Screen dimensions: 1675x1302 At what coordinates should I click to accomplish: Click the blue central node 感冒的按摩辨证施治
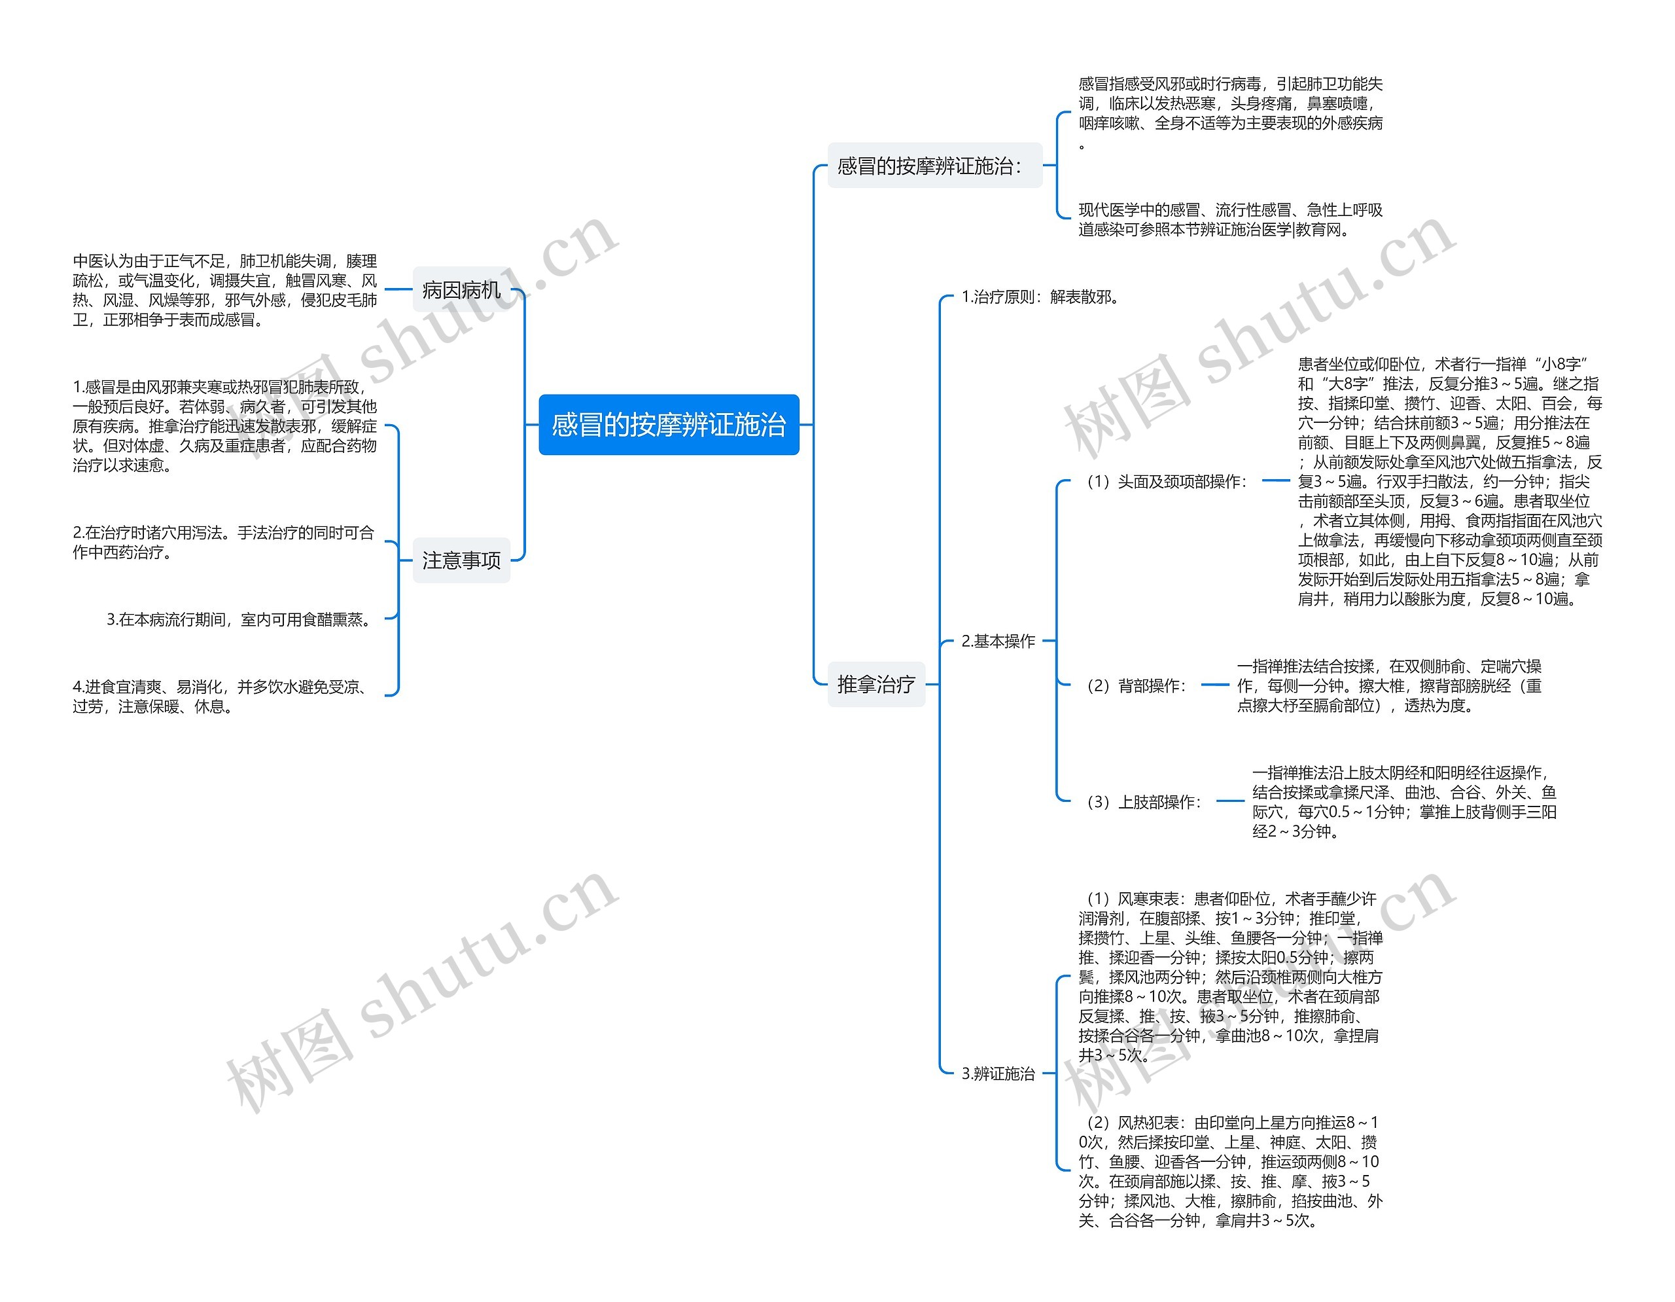pyautogui.click(x=668, y=424)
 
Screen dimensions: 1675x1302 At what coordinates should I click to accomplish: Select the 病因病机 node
pyautogui.click(x=461, y=290)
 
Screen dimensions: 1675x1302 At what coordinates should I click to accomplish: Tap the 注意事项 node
pyautogui.click(x=461, y=560)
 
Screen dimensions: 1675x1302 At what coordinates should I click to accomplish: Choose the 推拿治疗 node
pyautogui.click(x=876, y=683)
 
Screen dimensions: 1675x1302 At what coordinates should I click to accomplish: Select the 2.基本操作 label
pyautogui.click(x=998, y=641)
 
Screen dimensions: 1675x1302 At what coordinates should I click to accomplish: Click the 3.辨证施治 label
pyautogui.click(x=998, y=1074)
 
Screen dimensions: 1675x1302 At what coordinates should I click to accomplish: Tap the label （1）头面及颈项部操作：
pyautogui.click(x=1164, y=481)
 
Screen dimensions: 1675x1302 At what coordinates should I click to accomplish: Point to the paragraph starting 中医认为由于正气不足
pyautogui.click(x=224, y=291)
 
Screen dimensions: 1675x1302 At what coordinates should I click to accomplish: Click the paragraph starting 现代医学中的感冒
pyautogui.click(x=1229, y=219)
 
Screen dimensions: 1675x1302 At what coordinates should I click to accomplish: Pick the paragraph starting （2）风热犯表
pyautogui.click(x=1229, y=1171)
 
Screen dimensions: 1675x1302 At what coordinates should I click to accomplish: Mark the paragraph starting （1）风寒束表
pyautogui.click(x=1229, y=977)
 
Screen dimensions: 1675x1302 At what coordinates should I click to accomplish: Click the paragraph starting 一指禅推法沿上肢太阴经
pyautogui.click(x=1403, y=802)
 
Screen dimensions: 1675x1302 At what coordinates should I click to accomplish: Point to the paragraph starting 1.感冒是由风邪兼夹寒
pyautogui.click(x=224, y=425)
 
